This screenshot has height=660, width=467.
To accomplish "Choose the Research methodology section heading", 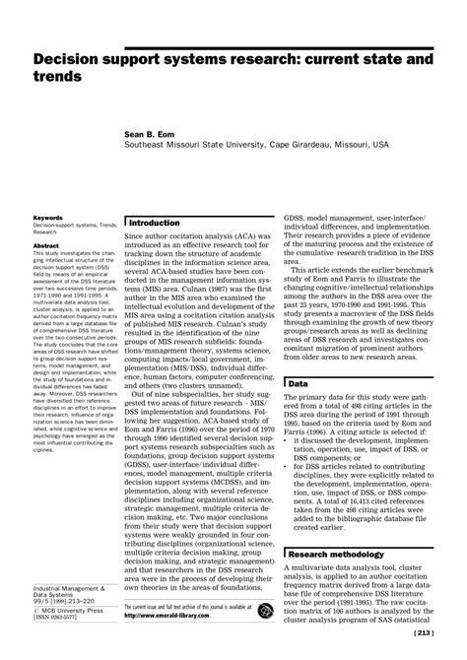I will [x=341, y=555].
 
